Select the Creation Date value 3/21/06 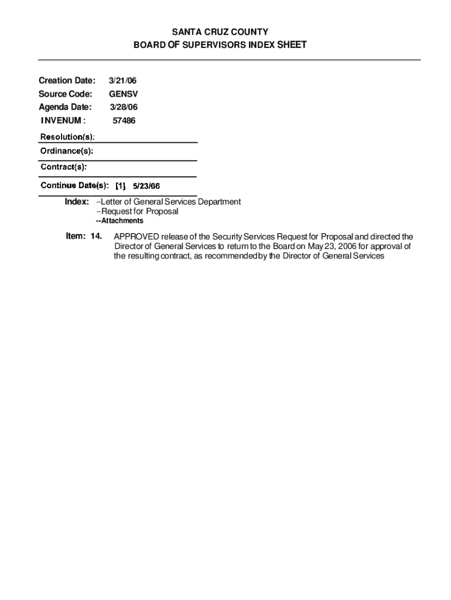click(x=123, y=80)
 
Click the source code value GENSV click(x=123, y=94)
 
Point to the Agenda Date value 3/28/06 click(x=124, y=107)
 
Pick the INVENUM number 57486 click(x=124, y=121)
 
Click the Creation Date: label click(x=67, y=80)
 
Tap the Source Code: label click(x=66, y=94)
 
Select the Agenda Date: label click(x=65, y=107)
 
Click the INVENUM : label click(x=63, y=121)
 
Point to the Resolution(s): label click(x=67, y=137)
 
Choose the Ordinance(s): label click(x=67, y=151)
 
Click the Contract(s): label click(x=64, y=167)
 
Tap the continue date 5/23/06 click(x=146, y=186)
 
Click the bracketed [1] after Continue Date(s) click(x=120, y=186)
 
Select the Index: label click(x=77, y=202)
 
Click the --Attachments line click(x=119, y=221)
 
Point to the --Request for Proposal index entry click(x=137, y=211)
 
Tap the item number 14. click(x=96, y=236)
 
